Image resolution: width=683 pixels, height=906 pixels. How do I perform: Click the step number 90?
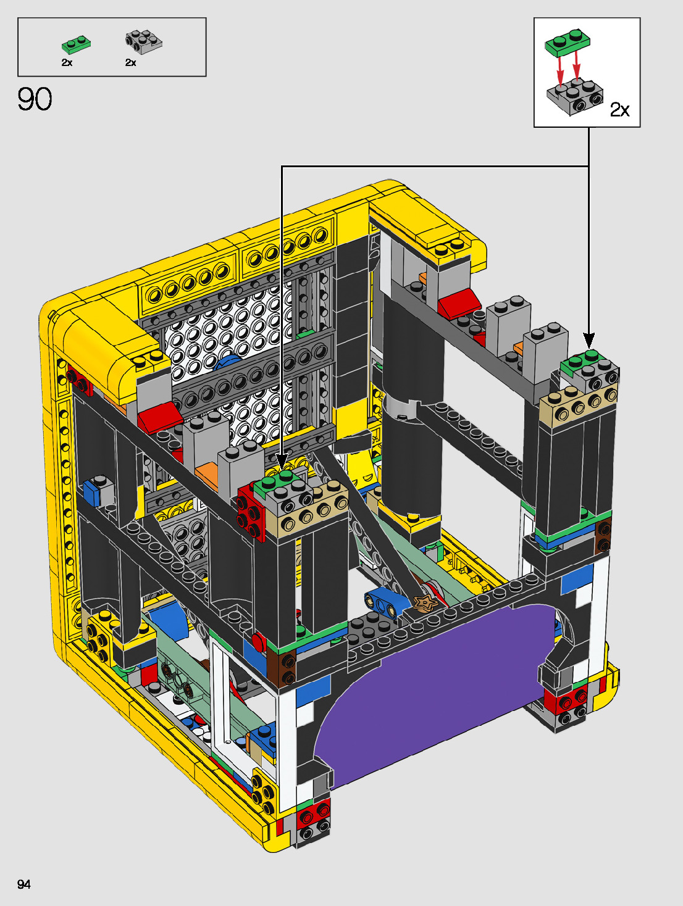pos(35,99)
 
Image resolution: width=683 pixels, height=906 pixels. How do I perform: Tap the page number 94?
pos(24,884)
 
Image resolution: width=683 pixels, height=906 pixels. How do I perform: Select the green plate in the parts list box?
pos(77,44)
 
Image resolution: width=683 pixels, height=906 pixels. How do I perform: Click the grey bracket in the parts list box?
pos(143,42)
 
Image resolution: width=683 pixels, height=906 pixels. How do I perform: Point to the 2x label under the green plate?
pos(67,62)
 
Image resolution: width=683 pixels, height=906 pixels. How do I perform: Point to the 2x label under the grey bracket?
pos(130,62)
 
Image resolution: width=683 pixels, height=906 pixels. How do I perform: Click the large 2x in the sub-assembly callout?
pos(620,110)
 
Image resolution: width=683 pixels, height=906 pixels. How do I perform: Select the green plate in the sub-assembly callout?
pos(568,43)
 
